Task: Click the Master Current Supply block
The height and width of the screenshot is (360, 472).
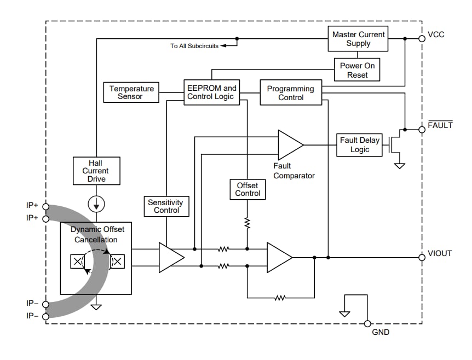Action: [x=358, y=39]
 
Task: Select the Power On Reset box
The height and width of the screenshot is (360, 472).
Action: [x=357, y=70]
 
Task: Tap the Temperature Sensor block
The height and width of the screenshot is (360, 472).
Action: [x=131, y=92]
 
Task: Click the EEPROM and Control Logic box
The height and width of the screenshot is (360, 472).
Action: [x=211, y=92]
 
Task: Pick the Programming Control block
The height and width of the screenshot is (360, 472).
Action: [x=290, y=93]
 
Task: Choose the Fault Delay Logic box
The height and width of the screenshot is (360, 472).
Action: [x=359, y=145]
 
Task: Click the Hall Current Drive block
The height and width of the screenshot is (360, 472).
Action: [x=96, y=171]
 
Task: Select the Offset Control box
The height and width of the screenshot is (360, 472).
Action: [x=247, y=189]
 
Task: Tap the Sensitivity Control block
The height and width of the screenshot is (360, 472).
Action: [x=166, y=206]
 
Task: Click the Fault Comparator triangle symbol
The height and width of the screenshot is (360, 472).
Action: [x=289, y=145]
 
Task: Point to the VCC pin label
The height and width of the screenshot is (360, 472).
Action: [x=436, y=34]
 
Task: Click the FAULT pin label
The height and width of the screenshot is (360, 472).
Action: [x=440, y=126]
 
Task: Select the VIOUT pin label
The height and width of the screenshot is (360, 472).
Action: [x=439, y=253]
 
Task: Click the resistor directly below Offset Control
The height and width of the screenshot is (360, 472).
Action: [x=247, y=223]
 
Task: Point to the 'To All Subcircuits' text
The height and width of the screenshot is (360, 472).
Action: [x=194, y=46]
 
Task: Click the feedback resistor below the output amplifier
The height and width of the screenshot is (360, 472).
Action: [x=280, y=298]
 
